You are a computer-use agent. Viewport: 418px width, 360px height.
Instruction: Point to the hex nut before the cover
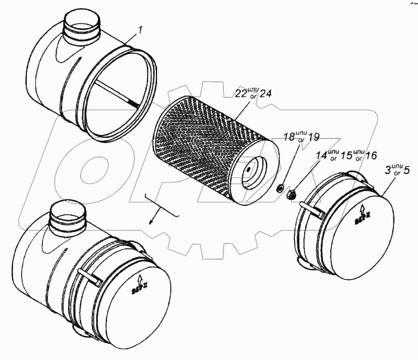tap(293, 194)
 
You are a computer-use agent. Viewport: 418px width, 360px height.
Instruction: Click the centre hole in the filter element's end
tap(246, 168)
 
